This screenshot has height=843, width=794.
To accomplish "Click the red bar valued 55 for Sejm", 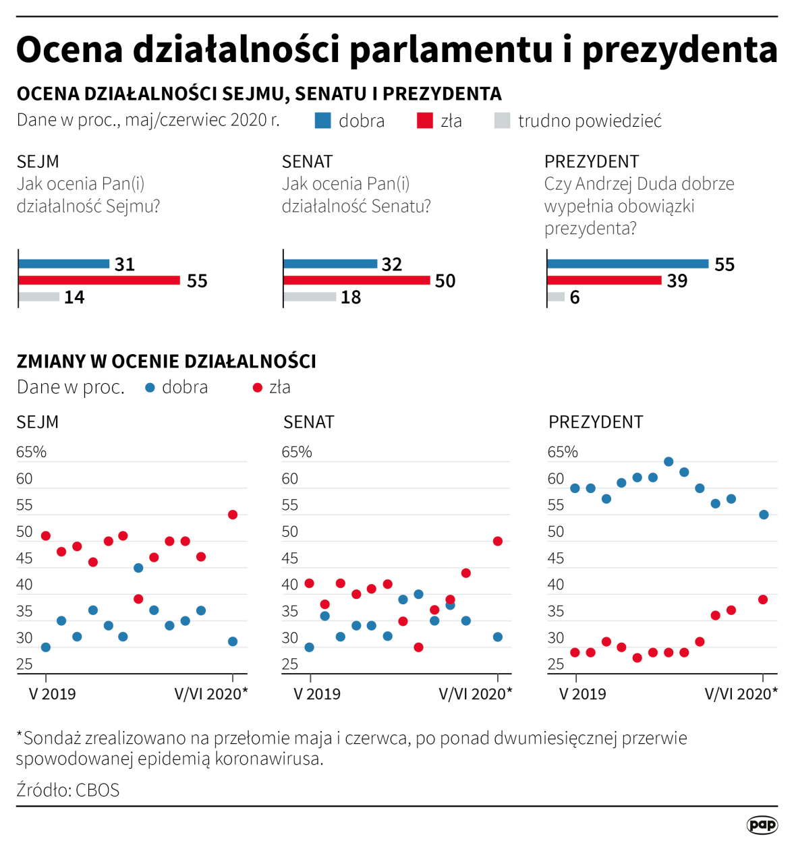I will coord(99,280).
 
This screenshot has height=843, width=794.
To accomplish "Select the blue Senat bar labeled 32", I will coord(330,264).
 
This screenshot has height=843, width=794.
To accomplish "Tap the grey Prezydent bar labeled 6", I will coord(556,297).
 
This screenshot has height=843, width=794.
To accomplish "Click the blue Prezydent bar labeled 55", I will coord(627,264).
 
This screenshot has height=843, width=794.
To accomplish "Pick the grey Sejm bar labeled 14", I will coord(39,297).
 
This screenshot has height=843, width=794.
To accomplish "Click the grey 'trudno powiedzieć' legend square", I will coord(502,121).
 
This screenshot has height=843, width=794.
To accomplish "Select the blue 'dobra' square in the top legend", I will coord(323,121).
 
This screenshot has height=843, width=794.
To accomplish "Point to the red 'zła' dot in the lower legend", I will coord(257,388).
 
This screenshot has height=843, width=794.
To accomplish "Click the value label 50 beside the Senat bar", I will coord(445,281).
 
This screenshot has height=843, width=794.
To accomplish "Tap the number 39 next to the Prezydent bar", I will coord(677,281).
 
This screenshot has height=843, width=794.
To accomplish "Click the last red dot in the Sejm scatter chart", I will coord(233,515).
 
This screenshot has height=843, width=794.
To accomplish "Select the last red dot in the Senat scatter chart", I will coord(498,541).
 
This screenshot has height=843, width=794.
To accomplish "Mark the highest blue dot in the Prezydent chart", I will coord(669,462).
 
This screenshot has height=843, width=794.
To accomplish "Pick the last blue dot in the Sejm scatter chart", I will coord(233,641).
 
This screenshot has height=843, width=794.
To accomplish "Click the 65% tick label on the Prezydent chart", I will coord(563,452).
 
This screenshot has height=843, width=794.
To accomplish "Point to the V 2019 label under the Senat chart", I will coord(317,694).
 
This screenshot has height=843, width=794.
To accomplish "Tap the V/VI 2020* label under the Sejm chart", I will coord(211,694).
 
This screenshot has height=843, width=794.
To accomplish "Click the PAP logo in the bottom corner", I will coord(762,824).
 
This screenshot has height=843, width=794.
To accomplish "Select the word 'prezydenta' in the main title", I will coord(680,50).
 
